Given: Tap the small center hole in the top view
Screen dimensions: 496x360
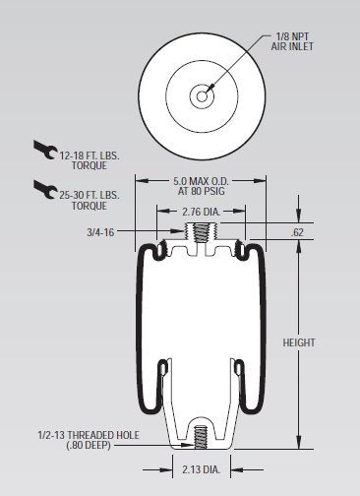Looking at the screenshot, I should [202, 95].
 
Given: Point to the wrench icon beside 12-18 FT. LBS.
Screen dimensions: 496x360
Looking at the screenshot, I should [44, 151].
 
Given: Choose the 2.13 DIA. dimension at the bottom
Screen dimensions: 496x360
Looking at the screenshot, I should [202, 470].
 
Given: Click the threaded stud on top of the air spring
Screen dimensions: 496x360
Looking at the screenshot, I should [202, 234].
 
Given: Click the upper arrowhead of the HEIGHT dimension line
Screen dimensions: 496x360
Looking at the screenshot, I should [297, 202].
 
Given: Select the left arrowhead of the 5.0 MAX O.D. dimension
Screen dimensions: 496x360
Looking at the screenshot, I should [139, 180].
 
